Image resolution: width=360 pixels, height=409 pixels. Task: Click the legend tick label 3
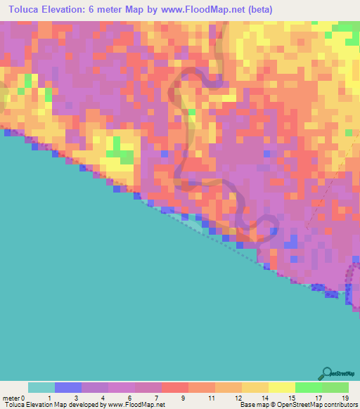(75, 398)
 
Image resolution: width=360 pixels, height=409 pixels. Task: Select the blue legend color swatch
(68, 387)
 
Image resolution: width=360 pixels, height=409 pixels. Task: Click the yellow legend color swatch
(281, 387)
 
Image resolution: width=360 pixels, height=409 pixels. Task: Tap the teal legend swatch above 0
(41, 387)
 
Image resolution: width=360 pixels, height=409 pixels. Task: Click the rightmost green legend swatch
(335, 387)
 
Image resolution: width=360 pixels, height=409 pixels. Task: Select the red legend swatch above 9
(175, 387)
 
